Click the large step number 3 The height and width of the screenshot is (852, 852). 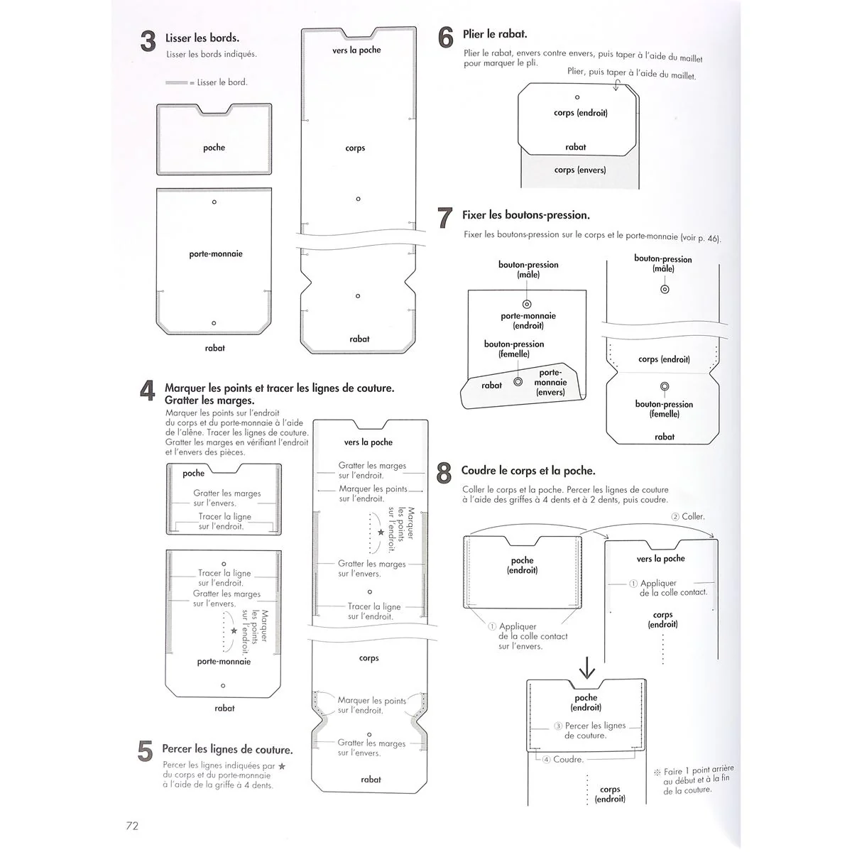point(148,42)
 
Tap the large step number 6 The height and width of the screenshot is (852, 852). point(445,38)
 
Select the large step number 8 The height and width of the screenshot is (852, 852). point(444,473)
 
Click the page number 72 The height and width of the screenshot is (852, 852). point(132,825)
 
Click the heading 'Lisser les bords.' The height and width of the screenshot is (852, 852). point(202,38)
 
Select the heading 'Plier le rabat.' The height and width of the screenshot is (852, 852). point(495,34)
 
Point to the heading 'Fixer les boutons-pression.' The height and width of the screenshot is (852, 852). point(526,215)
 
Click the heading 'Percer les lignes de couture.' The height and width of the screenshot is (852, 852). point(227,749)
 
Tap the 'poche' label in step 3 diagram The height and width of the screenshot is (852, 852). point(214,148)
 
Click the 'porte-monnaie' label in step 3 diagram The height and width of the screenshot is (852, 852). point(216,253)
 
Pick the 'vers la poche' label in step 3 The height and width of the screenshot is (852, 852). point(356,50)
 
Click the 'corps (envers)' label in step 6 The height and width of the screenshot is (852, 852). point(580,170)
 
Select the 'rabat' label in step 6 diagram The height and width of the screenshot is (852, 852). point(576,147)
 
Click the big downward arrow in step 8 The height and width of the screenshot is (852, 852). point(587,667)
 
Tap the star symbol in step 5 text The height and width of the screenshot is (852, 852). point(282,766)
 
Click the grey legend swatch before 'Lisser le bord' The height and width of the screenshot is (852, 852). point(177,83)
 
